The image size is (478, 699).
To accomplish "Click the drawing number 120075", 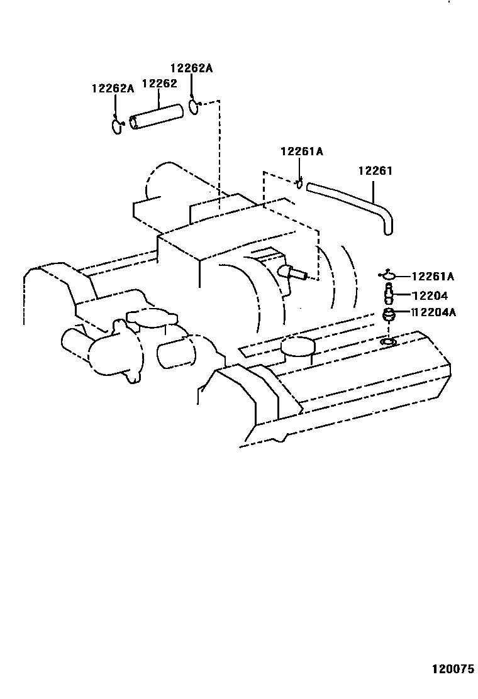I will pos(452,669).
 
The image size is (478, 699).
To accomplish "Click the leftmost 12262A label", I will pos(113,89).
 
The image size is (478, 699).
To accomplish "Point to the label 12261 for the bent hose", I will pos(375,171).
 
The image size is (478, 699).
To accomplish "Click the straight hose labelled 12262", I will pos(157,118).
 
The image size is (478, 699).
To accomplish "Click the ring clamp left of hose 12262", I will pos(117,125).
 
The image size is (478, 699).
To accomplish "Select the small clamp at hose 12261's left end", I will pos(300,184).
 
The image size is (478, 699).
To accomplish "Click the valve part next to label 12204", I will pos(389,294).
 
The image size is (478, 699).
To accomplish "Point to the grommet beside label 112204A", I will pos(389,314).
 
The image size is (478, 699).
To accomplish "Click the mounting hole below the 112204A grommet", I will pos(388,341).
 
